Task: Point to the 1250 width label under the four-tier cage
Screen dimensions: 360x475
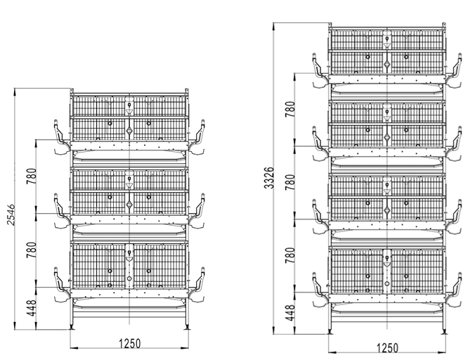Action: [x=387, y=348]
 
